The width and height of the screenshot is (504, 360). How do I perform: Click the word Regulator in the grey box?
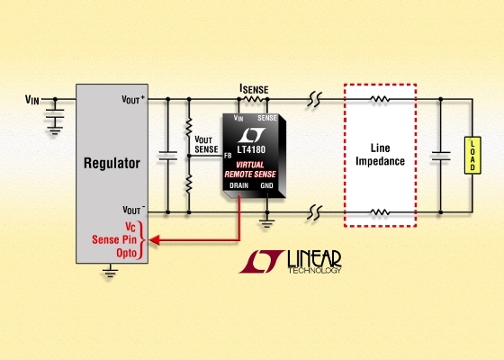(112, 163)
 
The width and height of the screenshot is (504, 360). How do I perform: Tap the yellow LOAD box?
(472, 156)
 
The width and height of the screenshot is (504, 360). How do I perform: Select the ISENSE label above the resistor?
(254, 89)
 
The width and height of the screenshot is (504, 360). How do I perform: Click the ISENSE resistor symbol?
(253, 99)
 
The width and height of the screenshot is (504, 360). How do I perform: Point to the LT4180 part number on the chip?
(251, 149)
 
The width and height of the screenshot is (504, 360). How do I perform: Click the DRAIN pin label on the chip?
(239, 185)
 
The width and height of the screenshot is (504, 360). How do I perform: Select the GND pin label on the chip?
(266, 185)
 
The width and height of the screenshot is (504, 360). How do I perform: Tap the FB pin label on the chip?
(228, 156)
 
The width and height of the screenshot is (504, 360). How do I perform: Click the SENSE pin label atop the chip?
(267, 118)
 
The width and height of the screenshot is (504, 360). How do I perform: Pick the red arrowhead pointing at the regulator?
(154, 239)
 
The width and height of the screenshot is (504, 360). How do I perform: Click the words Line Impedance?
(380, 155)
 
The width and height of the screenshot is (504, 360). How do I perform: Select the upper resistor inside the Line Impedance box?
(380, 99)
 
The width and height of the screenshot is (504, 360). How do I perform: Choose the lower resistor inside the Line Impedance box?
(380, 212)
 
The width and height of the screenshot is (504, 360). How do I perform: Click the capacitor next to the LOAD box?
(441, 156)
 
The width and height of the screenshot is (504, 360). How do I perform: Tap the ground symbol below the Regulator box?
(110, 273)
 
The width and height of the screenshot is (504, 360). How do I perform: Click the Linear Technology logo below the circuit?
(290, 262)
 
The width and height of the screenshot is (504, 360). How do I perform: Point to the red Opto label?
(127, 253)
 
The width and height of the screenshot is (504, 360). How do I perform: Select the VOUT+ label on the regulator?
(133, 99)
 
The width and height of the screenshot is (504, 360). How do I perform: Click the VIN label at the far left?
(32, 100)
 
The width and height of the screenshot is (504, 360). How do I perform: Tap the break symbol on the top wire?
(315, 99)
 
